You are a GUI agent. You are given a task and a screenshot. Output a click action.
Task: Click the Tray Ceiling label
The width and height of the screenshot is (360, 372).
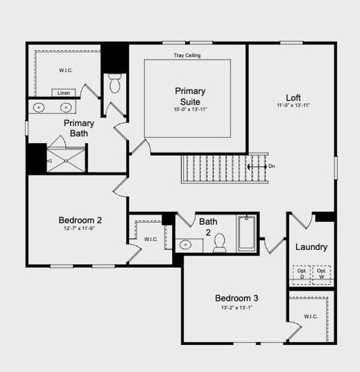point(187,55)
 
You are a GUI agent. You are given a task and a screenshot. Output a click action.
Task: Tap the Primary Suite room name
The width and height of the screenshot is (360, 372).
point(190,96)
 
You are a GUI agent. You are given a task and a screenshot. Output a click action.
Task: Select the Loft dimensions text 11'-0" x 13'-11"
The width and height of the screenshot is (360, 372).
point(293,105)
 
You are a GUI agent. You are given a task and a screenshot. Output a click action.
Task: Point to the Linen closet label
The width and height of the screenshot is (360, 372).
point(64,93)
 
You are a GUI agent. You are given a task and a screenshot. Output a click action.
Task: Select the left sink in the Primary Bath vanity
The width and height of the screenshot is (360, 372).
point(40,107)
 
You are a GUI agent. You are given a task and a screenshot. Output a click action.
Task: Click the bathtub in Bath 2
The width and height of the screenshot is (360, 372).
point(246,233)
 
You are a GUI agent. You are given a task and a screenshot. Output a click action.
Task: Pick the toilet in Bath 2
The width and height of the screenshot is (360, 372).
point(219,244)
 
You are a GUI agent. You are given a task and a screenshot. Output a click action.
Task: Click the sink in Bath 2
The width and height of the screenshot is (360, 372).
point(186,245)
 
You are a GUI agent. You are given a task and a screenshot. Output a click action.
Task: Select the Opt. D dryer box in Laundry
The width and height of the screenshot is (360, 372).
point(302,273)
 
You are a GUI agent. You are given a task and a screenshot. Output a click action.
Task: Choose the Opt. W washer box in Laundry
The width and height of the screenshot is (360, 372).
point(321,273)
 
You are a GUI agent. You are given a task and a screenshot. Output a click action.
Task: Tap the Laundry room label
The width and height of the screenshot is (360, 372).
point(311,247)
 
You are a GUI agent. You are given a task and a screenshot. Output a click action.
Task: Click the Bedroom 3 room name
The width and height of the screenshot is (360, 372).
point(236,298)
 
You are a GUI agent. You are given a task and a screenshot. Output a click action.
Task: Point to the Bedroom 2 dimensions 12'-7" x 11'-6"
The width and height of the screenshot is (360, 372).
point(80,228)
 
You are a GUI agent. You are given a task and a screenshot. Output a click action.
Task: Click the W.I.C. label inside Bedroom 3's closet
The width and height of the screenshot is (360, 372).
point(311,316)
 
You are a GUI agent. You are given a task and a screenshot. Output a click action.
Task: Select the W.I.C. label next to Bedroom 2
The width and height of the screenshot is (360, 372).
point(151,239)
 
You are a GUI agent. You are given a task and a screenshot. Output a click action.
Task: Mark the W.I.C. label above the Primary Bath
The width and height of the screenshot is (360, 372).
point(66,70)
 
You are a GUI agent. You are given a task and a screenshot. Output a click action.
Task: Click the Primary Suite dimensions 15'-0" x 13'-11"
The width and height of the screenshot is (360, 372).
point(190,110)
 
